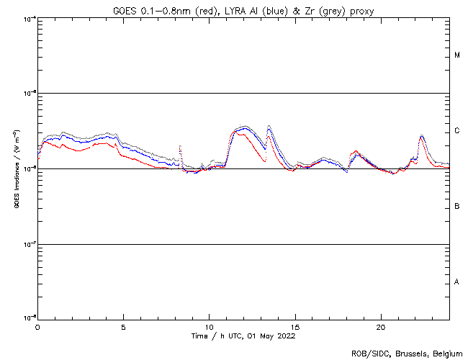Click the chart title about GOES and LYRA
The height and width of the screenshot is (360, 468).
pos(243,9)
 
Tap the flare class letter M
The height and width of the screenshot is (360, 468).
pos(457,55)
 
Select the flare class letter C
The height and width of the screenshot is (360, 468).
pos(457,131)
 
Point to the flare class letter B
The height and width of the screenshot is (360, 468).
pos(457,207)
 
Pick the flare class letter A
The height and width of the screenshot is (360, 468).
pos(457,282)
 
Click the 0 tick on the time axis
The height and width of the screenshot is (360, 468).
pos(37,327)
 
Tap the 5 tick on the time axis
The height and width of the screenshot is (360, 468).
pos(123,327)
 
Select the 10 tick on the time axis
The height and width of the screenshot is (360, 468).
pos(209,327)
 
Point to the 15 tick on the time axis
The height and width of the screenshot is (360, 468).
pos(295,327)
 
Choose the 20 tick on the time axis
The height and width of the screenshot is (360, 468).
pos(381,327)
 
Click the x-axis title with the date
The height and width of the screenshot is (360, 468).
pos(243,336)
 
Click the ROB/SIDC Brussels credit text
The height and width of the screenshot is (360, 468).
pos(406,353)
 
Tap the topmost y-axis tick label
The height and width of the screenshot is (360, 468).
pos(27,18)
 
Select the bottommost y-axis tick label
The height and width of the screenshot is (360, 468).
pos(27,318)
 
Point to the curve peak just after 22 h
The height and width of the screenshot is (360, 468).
pos(421,135)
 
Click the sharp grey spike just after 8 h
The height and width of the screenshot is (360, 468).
pos(179,147)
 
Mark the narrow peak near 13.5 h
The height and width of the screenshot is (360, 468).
pos(269,127)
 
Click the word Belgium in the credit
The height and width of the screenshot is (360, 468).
pos(446,353)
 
